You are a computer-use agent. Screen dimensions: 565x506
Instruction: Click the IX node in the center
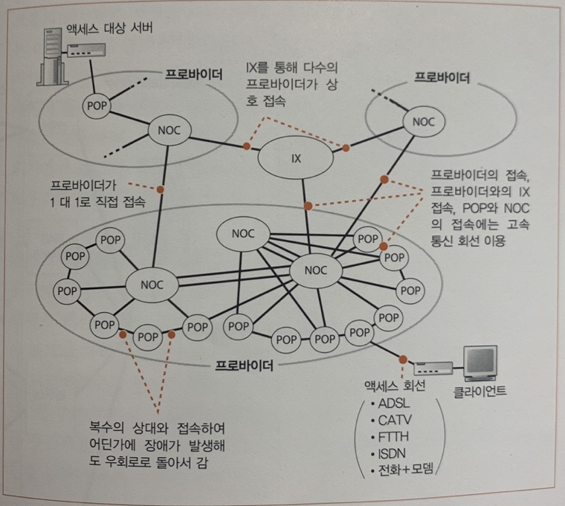tap(296, 158)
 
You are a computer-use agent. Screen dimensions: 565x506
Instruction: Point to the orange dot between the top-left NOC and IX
tap(246, 146)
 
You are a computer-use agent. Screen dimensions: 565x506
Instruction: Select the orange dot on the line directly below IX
tap(306, 206)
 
